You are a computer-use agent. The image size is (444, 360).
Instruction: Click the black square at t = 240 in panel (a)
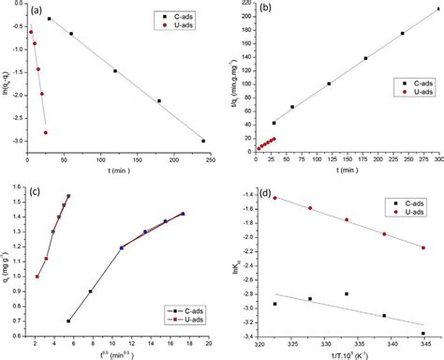203,141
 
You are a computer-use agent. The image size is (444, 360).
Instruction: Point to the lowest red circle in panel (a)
45,133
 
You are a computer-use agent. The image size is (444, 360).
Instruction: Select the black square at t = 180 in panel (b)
365,58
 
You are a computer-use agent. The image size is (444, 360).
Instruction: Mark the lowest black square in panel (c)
68,321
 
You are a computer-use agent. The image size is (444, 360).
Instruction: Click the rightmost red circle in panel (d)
422,247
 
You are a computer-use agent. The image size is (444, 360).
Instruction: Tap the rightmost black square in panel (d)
422,333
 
